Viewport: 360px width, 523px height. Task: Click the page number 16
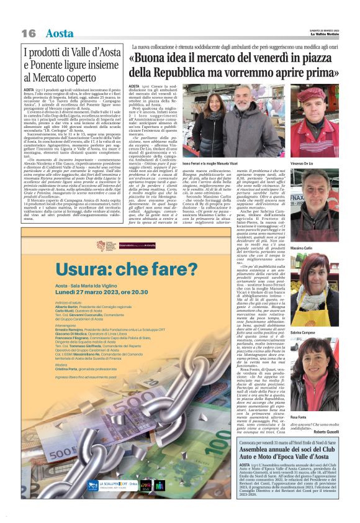(29, 33)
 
